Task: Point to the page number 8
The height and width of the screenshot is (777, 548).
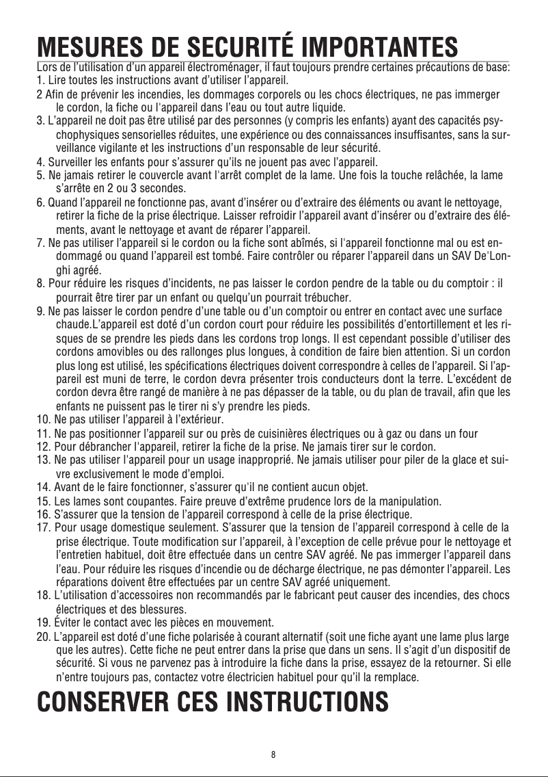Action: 273,756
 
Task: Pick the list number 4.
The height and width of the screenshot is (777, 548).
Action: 40,163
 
